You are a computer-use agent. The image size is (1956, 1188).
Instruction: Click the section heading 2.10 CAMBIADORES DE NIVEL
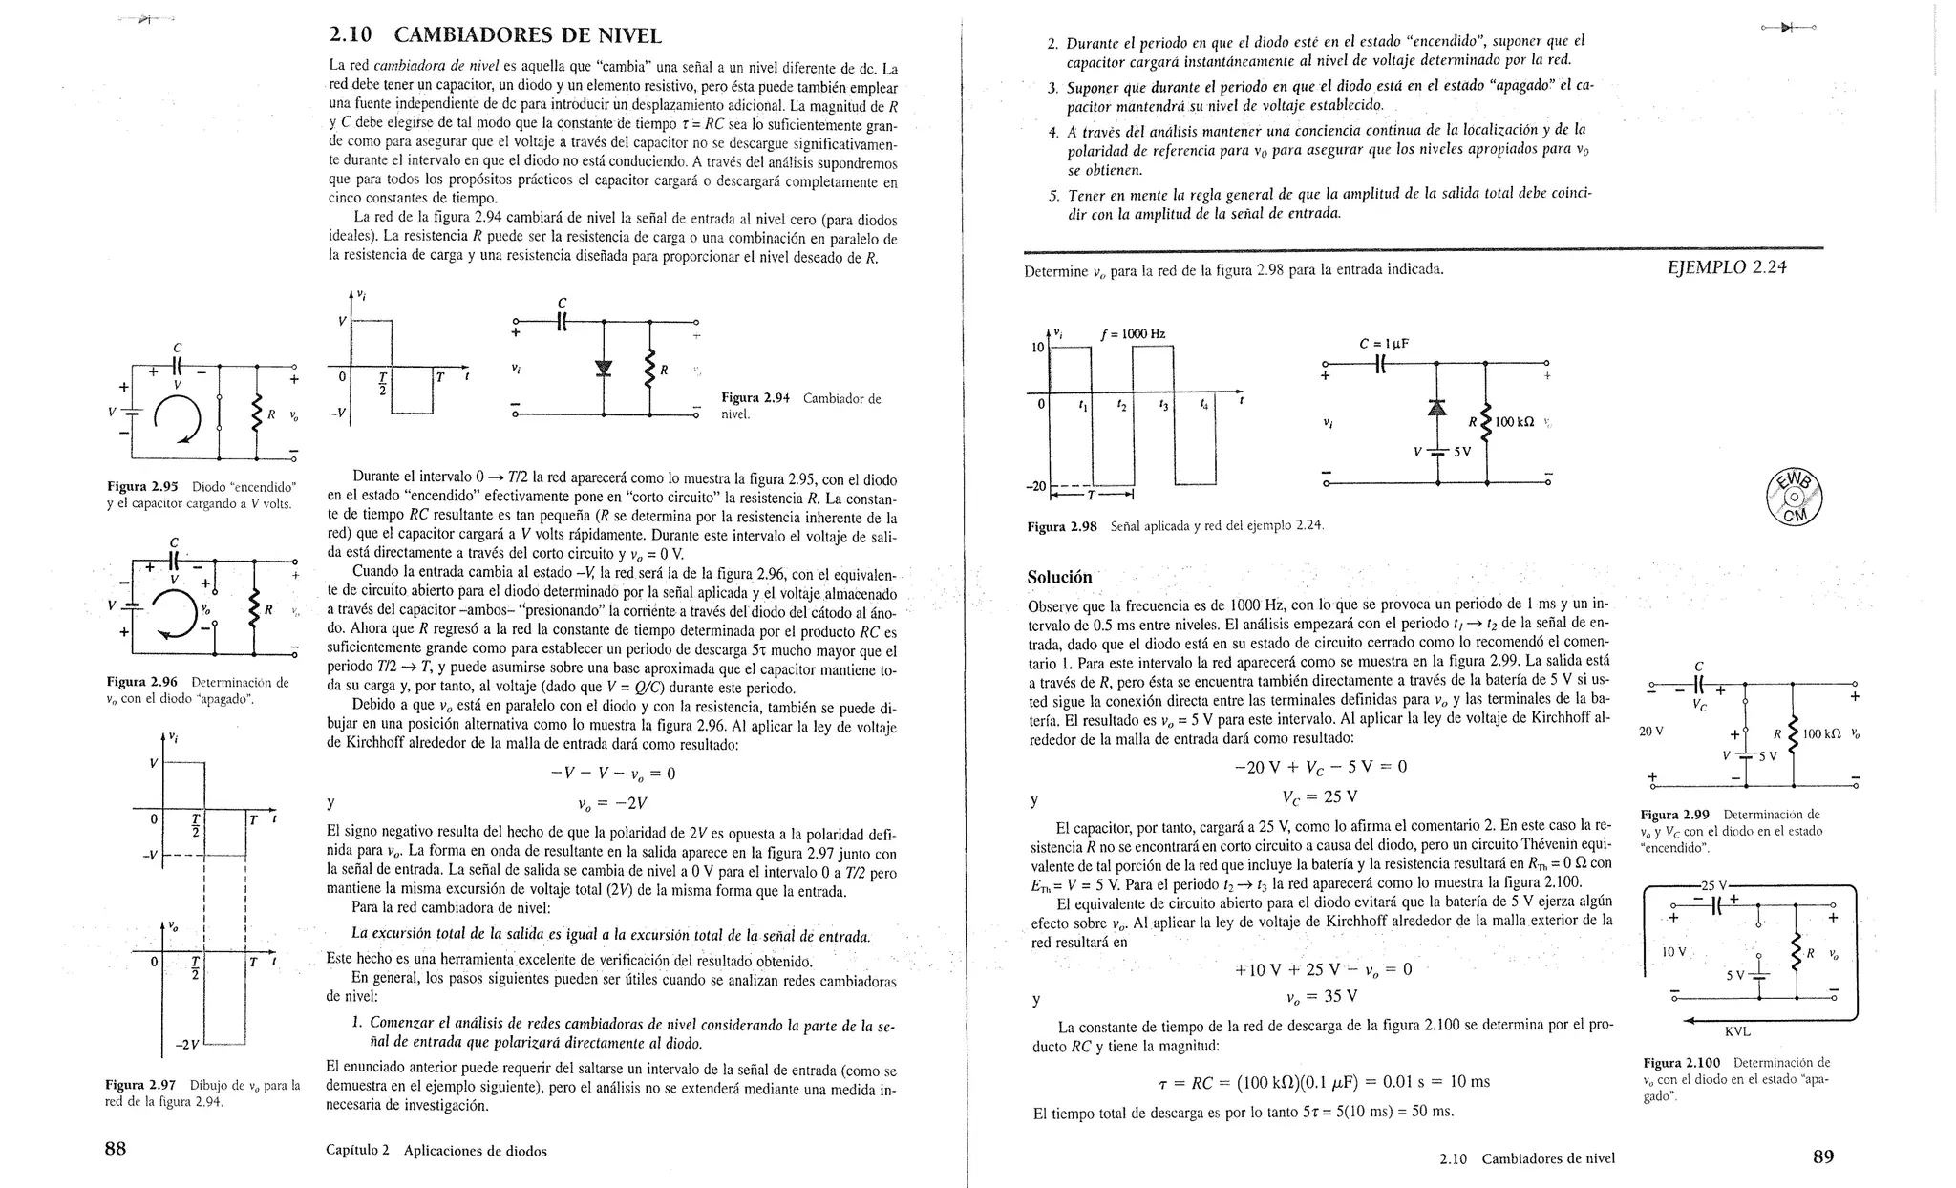[x=495, y=36]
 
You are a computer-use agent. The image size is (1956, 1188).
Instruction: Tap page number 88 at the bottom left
[x=115, y=1149]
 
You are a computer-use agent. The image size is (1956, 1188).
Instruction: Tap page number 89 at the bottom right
[x=1822, y=1156]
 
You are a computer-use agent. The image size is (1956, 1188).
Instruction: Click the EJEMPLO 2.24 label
[x=1726, y=267]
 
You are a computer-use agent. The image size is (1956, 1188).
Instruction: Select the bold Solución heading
[x=1059, y=577]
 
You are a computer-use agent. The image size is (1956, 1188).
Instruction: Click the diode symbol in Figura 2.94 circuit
[x=603, y=370]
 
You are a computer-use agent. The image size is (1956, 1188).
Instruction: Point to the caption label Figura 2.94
[x=755, y=398]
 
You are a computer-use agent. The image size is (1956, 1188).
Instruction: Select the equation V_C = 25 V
[x=1320, y=796]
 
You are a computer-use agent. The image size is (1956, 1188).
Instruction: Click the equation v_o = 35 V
[x=1321, y=996]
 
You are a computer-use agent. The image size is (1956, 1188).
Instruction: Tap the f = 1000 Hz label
[x=1133, y=334]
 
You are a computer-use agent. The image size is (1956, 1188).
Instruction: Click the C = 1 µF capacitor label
[x=1384, y=344]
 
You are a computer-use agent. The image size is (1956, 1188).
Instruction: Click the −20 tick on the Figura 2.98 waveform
[x=1035, y=486]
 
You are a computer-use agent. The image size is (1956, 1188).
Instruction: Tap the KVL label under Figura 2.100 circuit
[x=1737, y=1031]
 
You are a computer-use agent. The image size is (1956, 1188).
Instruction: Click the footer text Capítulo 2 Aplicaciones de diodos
[x=436, y=1151]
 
